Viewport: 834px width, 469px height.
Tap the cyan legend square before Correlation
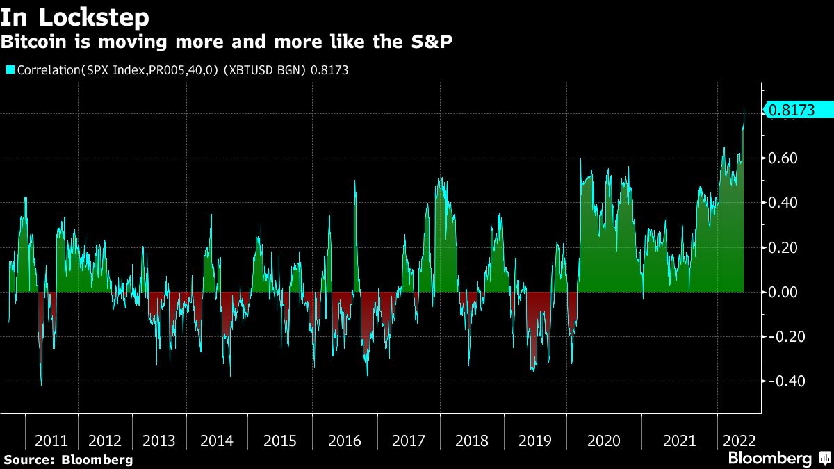pyautogui.click(x=10, y=70)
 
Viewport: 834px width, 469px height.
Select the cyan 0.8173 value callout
pyautogui.click(x=798, y=110)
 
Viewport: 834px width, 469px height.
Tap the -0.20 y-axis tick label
pyautogui.click(x=782, y=336)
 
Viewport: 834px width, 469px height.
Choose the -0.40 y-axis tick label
pyautogui.click(x=782, y=381)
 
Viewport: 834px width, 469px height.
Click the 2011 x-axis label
pyautogui.click(x=51, y=441)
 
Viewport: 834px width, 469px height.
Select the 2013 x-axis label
pyautogui.click(x=159, y=441)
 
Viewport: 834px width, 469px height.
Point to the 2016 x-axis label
pyautogui.click(x=344, y=441)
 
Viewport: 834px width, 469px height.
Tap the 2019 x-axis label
pyautogui.click(x=535, y=441)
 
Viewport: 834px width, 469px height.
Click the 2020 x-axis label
pyautogui.click(x=603, y=441)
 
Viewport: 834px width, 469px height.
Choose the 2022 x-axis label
pyautogui.click(x=739, y=441)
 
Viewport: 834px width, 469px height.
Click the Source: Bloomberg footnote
pyautogui.click(x=68, y=459)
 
